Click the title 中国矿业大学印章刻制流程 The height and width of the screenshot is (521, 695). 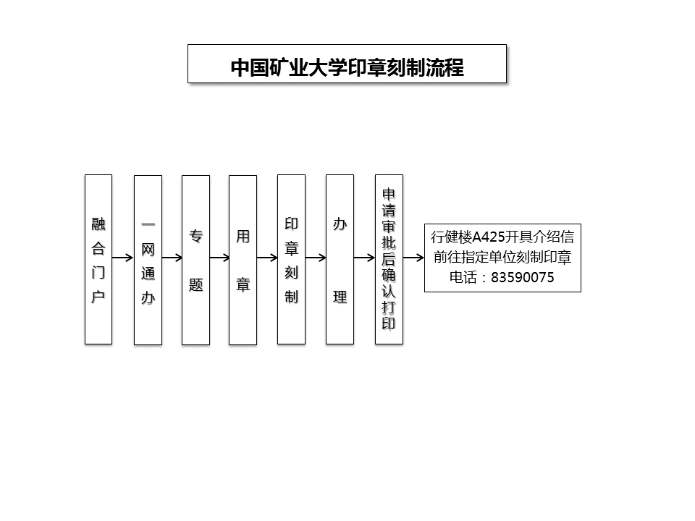pos(347,68)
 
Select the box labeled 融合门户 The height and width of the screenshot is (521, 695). pos(98,259)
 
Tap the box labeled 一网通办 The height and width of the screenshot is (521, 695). pos(148,260)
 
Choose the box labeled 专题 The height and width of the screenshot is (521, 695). pos(196,260)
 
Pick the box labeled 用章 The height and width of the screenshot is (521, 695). pos(243,260)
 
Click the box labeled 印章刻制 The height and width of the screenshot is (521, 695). pos(291,259)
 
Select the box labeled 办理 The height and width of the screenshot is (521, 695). pos(340,259)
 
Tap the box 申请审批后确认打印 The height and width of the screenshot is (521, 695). pos(389,259)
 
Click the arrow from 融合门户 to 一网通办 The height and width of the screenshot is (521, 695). pos(123,258)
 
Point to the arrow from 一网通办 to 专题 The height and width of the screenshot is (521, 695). pos(172,258)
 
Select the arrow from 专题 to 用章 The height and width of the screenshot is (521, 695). pos(219,258)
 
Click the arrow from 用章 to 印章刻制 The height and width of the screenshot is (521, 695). pos(267,258)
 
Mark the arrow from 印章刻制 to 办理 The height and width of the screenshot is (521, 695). pos(316,258)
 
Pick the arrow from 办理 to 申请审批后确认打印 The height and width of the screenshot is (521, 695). pos(364,258)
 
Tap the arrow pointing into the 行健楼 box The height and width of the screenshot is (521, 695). pos(413,258)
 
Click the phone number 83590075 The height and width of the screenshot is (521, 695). pos(523,278)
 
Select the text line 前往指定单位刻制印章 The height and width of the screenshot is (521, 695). pos(502,258)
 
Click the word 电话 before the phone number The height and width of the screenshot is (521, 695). pos(463,278)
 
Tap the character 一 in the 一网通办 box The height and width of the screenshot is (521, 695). pos(148,225)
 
